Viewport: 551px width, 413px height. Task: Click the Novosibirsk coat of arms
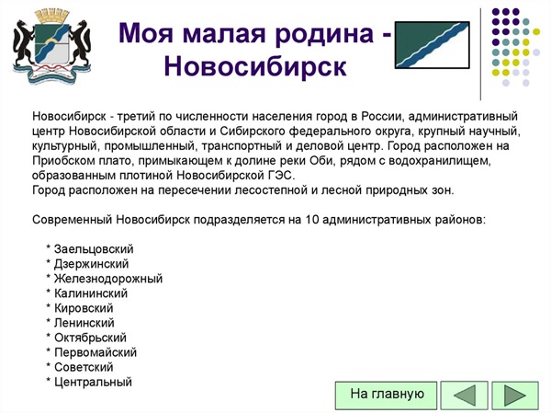pyautogui.click(x=52, y=46)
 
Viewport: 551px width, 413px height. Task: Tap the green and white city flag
pyautogui.click(x=433, y=45)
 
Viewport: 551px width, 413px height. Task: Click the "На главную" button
pyautogui.click(x=387, y=395)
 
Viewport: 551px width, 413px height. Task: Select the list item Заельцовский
pyautogui.click(x=94, y=249)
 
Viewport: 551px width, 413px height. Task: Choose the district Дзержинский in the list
pyautogui.click(x=91, y=264)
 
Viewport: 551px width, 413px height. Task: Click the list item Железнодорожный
pyautogui.click(x=108, y=279)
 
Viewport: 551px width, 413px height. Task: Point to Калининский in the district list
pyautogui.click(x=91, y=293)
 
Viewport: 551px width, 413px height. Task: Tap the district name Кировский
pyautogui.click(x=84, y=308)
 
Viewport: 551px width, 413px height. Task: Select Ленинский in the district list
pyautogui.click(x=84, y=323)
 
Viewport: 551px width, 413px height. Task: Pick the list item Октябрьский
pyautogui.click(x=90, y=338)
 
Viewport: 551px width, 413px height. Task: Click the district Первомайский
pyautogui.click(x=96, y=352)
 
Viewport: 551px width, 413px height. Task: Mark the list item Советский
pyautogui.click(x=84, y=367)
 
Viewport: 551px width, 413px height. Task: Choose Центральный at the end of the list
pyautogui.click(x=93, y=382)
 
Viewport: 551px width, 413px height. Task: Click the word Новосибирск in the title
pyautogui.click(x=255, y=65)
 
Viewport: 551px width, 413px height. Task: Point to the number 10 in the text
pyautogui.click(x=311, y=219)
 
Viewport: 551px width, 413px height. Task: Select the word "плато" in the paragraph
pyautogui.click(x=117, y=161)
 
